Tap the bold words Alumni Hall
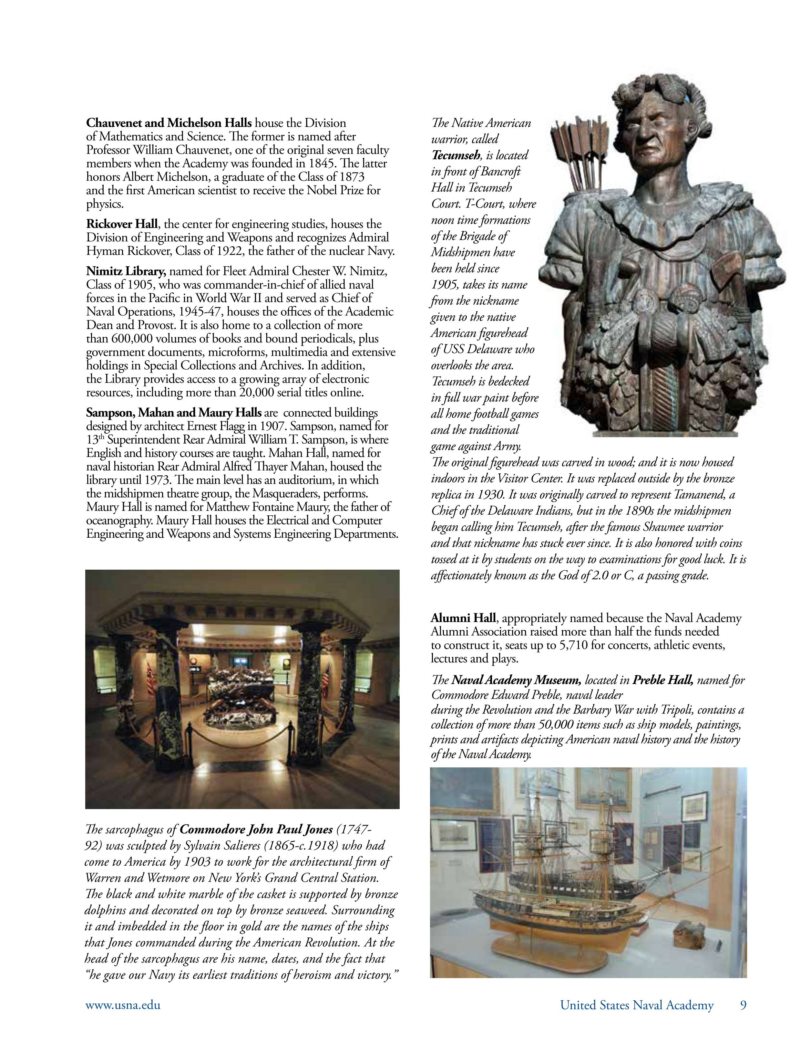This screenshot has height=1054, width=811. click(x=463, y=618)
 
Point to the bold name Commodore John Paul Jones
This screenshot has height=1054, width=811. click(x=256, y=829)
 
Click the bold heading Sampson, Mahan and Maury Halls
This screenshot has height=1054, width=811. click(x=174, y=413)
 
